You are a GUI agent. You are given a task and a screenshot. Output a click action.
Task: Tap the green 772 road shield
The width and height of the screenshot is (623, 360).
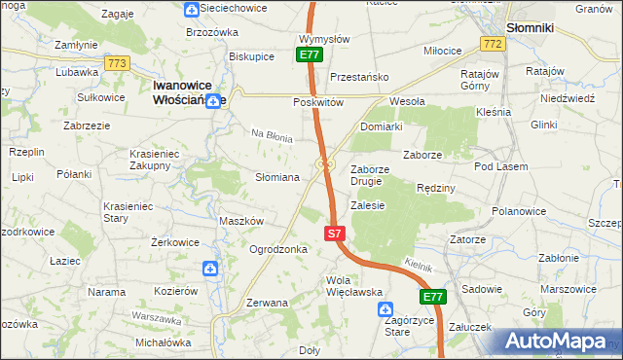(493, 45)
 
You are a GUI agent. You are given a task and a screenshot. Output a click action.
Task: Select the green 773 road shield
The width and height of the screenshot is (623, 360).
(118, 63)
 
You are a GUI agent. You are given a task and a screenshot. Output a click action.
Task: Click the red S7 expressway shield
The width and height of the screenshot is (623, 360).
(334, 234)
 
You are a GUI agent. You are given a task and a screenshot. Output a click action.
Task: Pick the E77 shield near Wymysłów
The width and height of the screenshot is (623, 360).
(310, 55)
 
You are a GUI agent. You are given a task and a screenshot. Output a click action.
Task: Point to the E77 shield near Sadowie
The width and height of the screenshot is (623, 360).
(432, 297)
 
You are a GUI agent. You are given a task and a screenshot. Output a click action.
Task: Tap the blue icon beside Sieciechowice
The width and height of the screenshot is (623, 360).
(193, 10)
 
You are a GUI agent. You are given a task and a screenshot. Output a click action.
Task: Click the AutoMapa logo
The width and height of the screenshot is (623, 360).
(556, 342)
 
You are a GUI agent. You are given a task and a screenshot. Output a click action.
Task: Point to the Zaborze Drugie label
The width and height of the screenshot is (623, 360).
(370, 174)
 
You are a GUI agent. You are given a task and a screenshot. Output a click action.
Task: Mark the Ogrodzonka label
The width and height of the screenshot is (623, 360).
(279, 249)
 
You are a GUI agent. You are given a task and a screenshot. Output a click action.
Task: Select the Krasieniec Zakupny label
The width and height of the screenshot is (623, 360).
(158, 160)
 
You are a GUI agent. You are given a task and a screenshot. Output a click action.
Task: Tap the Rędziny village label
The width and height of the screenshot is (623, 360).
(435, 187)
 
